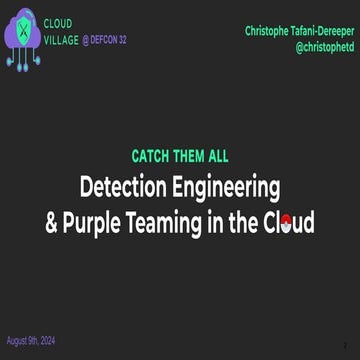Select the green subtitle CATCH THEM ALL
(x=180, y=157)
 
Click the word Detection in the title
(x=127, y=186)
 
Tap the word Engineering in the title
(x=230, y=186)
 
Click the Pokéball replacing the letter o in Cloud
(x=286, y=221)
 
